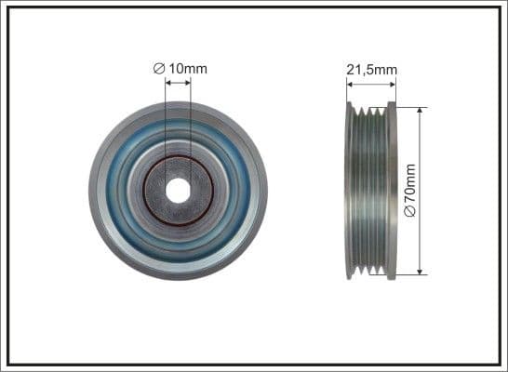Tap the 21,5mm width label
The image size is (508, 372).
click(x=371, y=68)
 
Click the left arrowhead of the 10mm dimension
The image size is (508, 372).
click(x=168, y=82)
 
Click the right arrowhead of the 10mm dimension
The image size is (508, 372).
click(x=188, y=82)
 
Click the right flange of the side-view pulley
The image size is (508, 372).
click(x=392, y=191)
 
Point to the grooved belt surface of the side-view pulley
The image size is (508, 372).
click(x=371, y=191)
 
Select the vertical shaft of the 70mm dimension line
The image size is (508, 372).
click(x=421, y=149)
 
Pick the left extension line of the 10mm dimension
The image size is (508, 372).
click(x=166, y=121)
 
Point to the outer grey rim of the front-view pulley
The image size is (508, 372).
click(x=96, y=191)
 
